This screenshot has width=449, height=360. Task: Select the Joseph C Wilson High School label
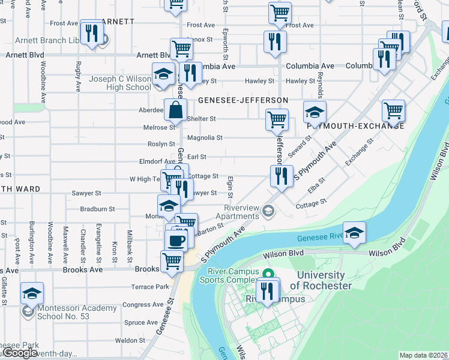click(120, 83)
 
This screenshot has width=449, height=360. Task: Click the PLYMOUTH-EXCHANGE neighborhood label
click(354, 127)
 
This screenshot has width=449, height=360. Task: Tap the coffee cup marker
click(176, 240)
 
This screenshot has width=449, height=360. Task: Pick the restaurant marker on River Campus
click(267, 290)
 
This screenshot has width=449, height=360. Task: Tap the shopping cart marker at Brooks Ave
click(172, 261)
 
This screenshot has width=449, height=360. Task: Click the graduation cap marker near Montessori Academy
click(32, 293)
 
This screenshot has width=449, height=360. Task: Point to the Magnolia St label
click(205, 137)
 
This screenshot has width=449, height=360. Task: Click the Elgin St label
click(230, 188)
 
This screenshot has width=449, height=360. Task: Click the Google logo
click(20, 353)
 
